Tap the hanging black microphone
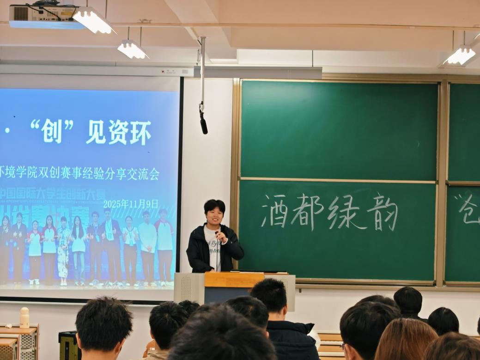[203, 122]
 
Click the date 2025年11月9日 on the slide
[131, 204]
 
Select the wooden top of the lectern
[234, 279]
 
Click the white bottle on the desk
[24, 317]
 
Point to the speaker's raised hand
[221, 236]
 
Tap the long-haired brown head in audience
[405, 340]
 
